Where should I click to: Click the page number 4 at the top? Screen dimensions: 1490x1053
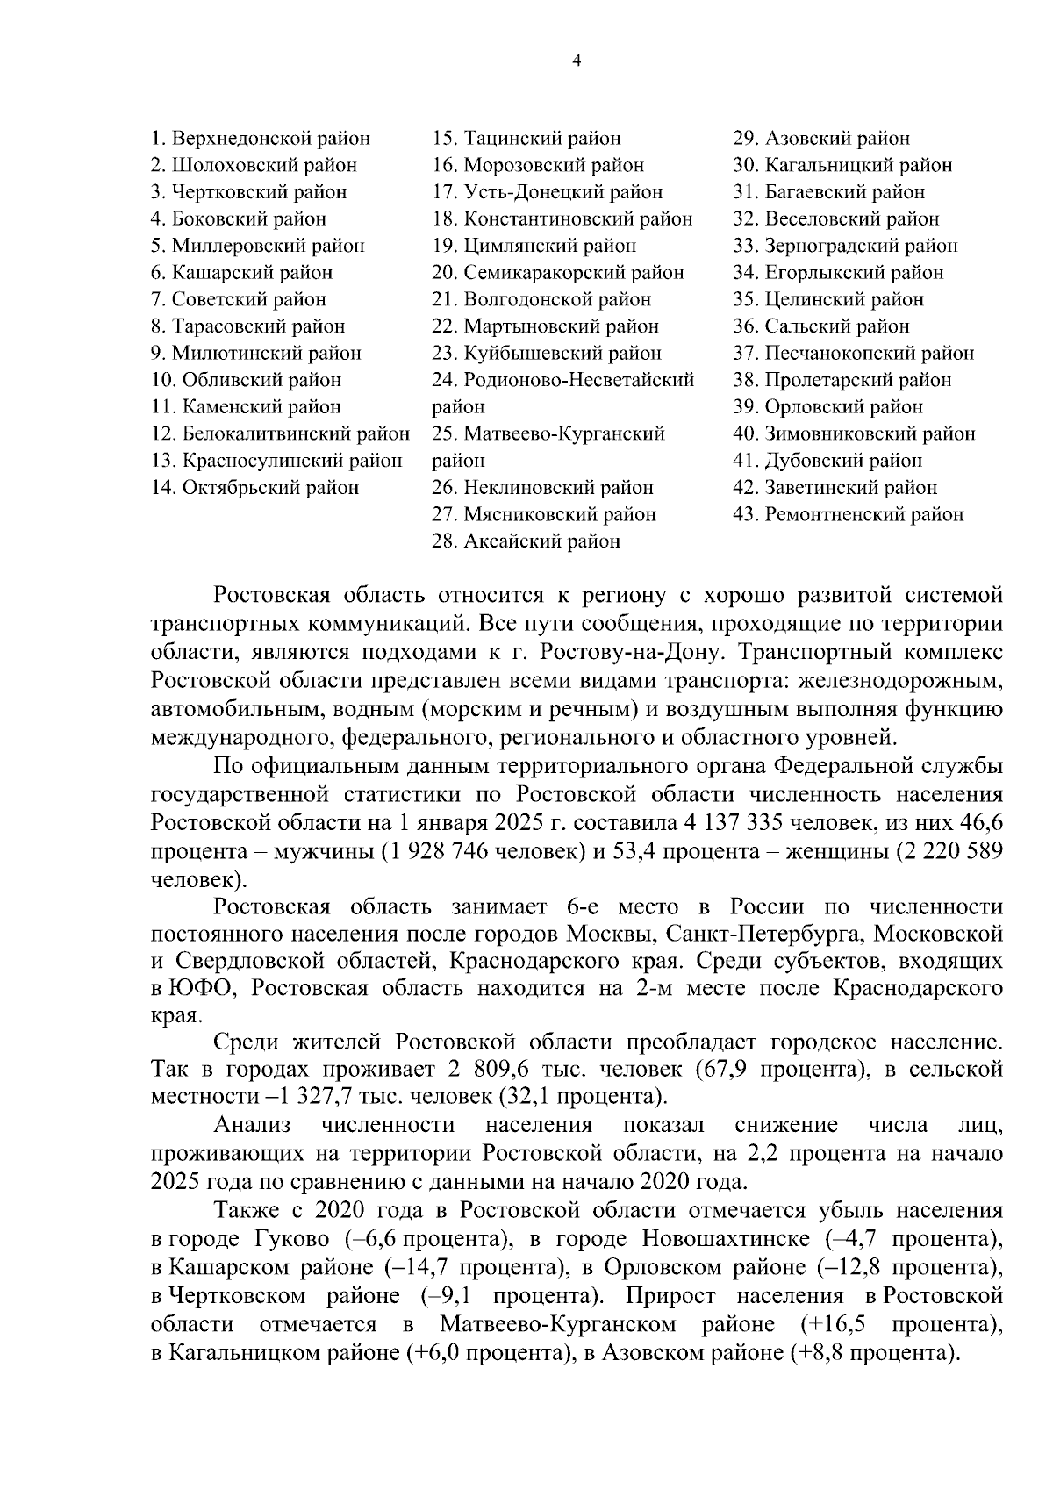tap(577, 61)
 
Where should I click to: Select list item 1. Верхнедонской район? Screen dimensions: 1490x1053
tap(261, 139)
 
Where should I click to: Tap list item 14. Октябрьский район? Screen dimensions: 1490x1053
tap(255, 488)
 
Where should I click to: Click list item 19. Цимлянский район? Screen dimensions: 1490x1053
tap(534, 246)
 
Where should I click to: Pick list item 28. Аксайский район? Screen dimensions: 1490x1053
tap(526, 541)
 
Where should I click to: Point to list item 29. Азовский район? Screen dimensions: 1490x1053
tap(821, 139)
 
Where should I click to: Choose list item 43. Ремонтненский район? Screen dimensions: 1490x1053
tap(848, 514)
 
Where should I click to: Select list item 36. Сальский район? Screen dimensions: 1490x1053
tap(821, 326)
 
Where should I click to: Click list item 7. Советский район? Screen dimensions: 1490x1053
tap(239, 300)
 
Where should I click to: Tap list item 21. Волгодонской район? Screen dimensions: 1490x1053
tap(541, 300)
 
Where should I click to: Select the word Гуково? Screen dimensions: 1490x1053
tap(292, 1239)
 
